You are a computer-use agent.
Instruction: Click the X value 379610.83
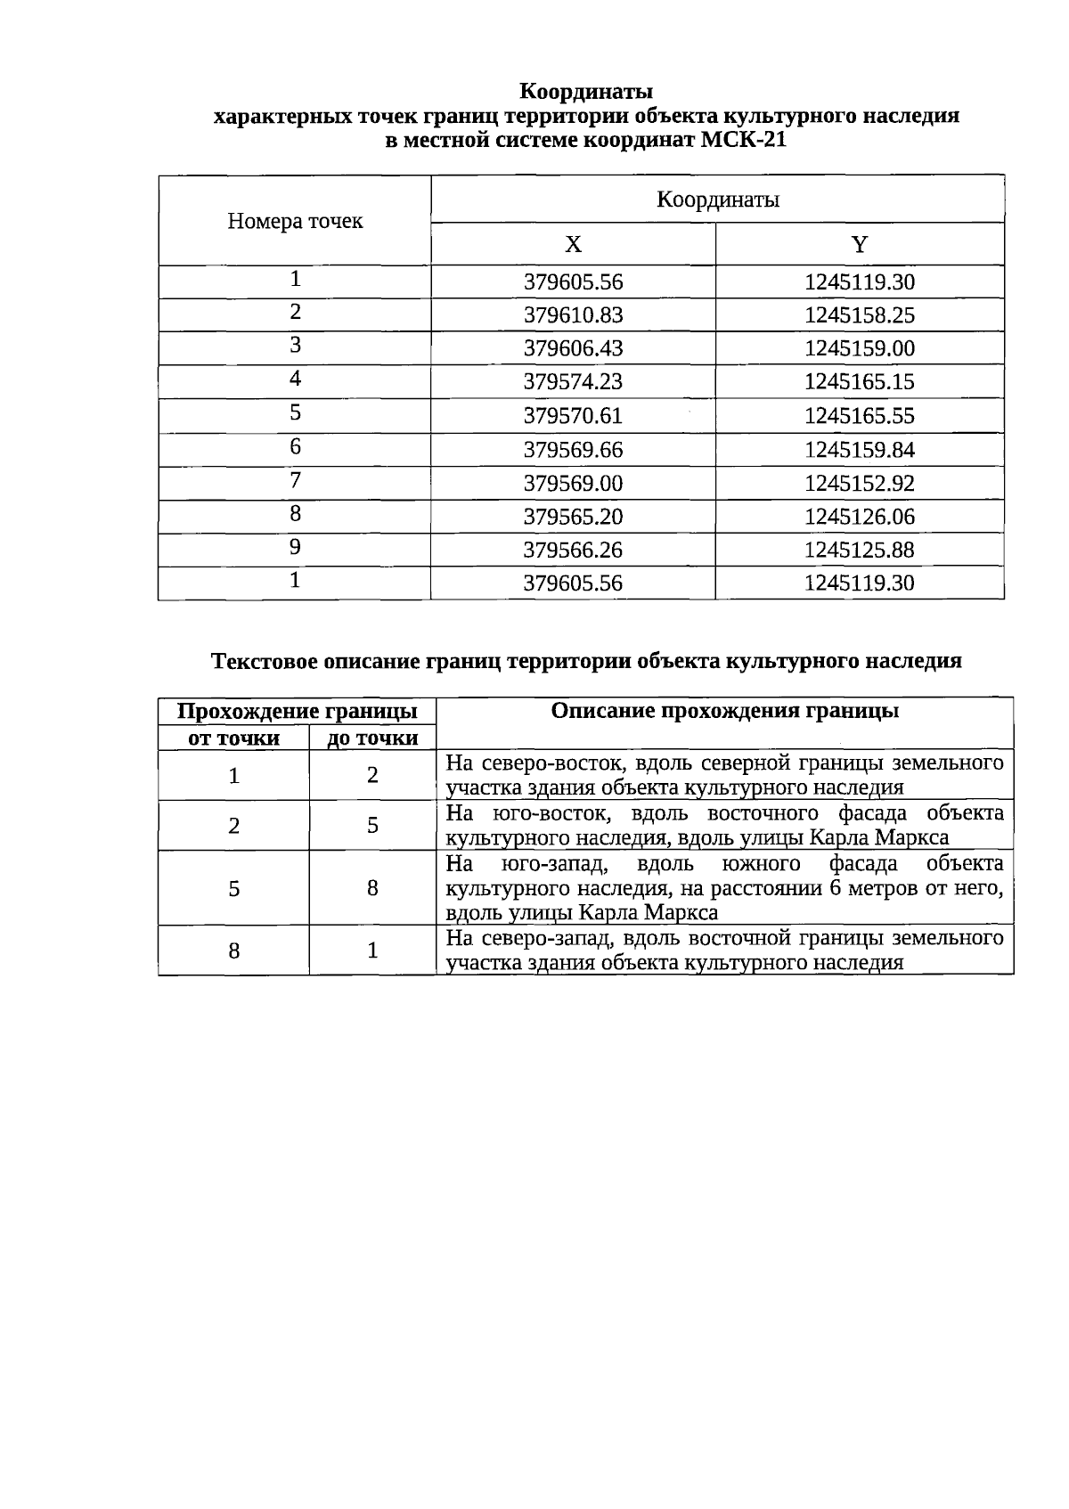pos(573,315)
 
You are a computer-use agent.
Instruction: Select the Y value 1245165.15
pos(859,382)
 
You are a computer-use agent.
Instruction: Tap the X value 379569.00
pos(573,484)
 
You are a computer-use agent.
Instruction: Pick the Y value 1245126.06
pos(859,517)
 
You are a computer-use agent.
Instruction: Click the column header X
pos(573,245)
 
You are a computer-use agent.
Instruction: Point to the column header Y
pos(859,245)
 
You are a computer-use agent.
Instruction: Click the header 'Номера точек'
pos(295,221)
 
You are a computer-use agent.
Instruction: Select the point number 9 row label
pos(295,548)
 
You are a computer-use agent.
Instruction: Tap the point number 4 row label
pos(295,379)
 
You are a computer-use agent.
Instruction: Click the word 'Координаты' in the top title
pos(586,92)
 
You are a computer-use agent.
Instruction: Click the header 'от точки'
pos(233,738)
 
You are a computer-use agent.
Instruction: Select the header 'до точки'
pos(372,738)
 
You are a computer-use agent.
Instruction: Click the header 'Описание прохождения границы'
pos(724,711)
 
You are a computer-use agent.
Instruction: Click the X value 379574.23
pos(573,382)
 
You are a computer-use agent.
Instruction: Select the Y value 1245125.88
pos(859,551)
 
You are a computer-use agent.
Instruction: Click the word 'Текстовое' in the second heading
pos(265,661)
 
